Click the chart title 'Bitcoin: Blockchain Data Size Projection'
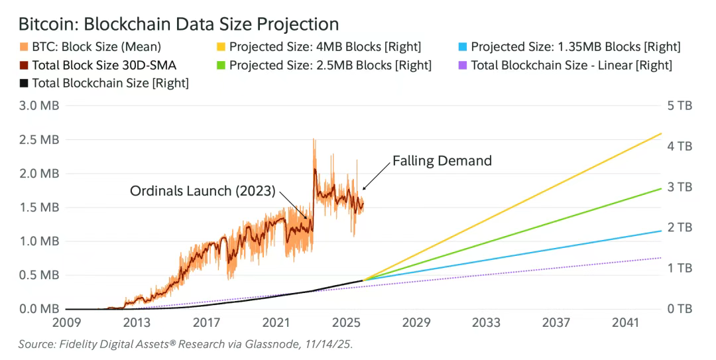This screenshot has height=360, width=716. tap(178, 24)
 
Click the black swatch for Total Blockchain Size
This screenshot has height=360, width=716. tap(23, 84)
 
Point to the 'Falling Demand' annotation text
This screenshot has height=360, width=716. tap(442, 160)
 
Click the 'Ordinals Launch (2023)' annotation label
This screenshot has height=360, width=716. tap(202, 191)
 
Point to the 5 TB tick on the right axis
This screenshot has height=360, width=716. tap(679, 106)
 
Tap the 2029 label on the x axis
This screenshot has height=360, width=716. tap(416, 323)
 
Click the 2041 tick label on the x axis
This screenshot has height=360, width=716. tap(625, 323)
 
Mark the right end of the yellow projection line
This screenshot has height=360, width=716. tap(661, 133)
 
